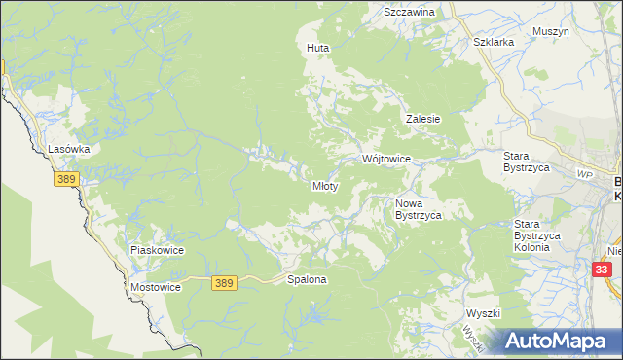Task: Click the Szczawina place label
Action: pyautogui.click(x=409, y=12)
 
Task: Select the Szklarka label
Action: pyautogui.click(x=493, y=43)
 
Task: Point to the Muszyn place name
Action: pyautogui.click(x=551, y=31)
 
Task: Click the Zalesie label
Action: pyautogui.click(x=423, y=119)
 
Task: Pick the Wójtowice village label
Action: pyautogui.click(x=386, y=159)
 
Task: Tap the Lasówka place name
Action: pyautogui.click(x=69, y=150)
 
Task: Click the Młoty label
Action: pyautogui.click(x=324, y=186)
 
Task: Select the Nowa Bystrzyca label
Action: pyautogui.click(x=419, y=209)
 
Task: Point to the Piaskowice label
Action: pyautogui.click(x=158, y=250)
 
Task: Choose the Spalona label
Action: pyautogui.click(x=307, y=280)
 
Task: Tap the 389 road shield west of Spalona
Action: pyautogui.click(x=224, y=282)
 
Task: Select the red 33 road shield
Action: pyautogui.click(x=603, y=269)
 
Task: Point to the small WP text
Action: pyautogui.click(x=584, y=174)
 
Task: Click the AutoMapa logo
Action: pyautogui.click(x=558, y=341)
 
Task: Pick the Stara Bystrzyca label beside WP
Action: pyautogui.click(x=528, y=162)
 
